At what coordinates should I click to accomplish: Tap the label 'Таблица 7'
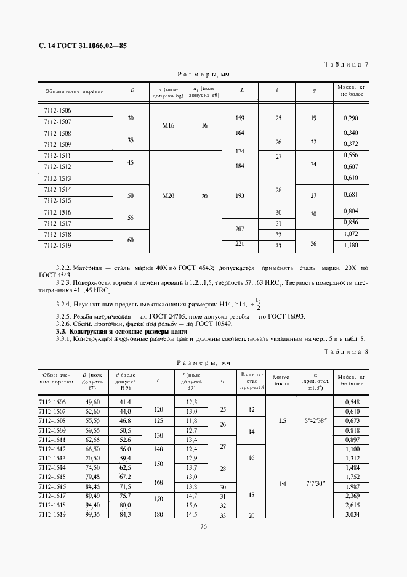[350, 64]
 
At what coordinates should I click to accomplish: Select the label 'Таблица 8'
[350, 352]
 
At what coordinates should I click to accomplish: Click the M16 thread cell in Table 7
[168, 126]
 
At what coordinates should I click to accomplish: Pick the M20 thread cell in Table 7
[168, 196]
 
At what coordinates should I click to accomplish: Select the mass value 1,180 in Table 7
[351, 245]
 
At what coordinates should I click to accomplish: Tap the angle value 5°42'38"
[315, 421]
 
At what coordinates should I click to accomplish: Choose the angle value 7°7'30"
[315, 483]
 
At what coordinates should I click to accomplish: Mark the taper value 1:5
[281, 421]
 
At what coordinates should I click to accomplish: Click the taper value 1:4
[281, 483]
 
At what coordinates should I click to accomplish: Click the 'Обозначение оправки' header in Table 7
[75, 91]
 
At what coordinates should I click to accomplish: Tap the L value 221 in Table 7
[240, 244]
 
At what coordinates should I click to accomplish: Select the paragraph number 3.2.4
[64, 303]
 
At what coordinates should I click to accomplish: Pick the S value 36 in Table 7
[313, 244]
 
